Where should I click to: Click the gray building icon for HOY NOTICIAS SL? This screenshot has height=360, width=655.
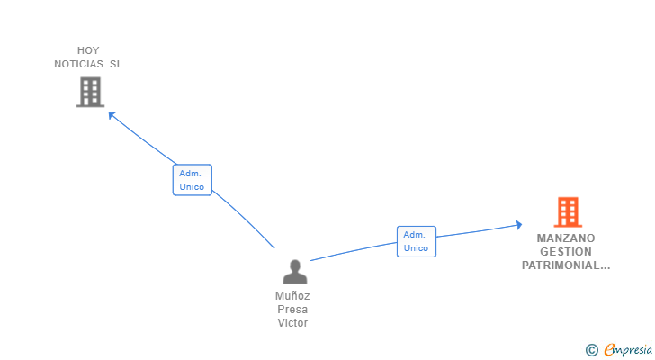(90, 92)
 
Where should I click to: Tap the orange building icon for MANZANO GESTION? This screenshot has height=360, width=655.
(568, 212)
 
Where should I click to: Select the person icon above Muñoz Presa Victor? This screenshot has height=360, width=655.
(294, 272)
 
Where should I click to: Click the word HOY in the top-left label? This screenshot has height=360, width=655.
(88, 50)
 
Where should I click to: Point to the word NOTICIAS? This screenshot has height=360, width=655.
(79, 64)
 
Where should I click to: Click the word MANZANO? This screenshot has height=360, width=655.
(566, 238)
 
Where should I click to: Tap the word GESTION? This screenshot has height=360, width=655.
(566, 252)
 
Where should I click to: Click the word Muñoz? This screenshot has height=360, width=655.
(293, 295)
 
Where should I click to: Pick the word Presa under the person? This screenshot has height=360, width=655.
(293, 310)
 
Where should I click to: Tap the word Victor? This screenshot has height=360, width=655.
(293, 323)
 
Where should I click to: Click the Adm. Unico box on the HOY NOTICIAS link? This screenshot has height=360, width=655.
(192, 180)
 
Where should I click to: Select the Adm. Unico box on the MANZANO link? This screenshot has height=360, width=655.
(416, 241)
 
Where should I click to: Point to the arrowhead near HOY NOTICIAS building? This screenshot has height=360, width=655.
(112, 114)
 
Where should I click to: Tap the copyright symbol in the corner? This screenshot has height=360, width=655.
(591, 350)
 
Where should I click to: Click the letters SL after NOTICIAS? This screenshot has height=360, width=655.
(116, 64)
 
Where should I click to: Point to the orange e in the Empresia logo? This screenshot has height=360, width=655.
(609, 350)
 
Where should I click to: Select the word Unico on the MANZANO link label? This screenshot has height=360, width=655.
(416, 248)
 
